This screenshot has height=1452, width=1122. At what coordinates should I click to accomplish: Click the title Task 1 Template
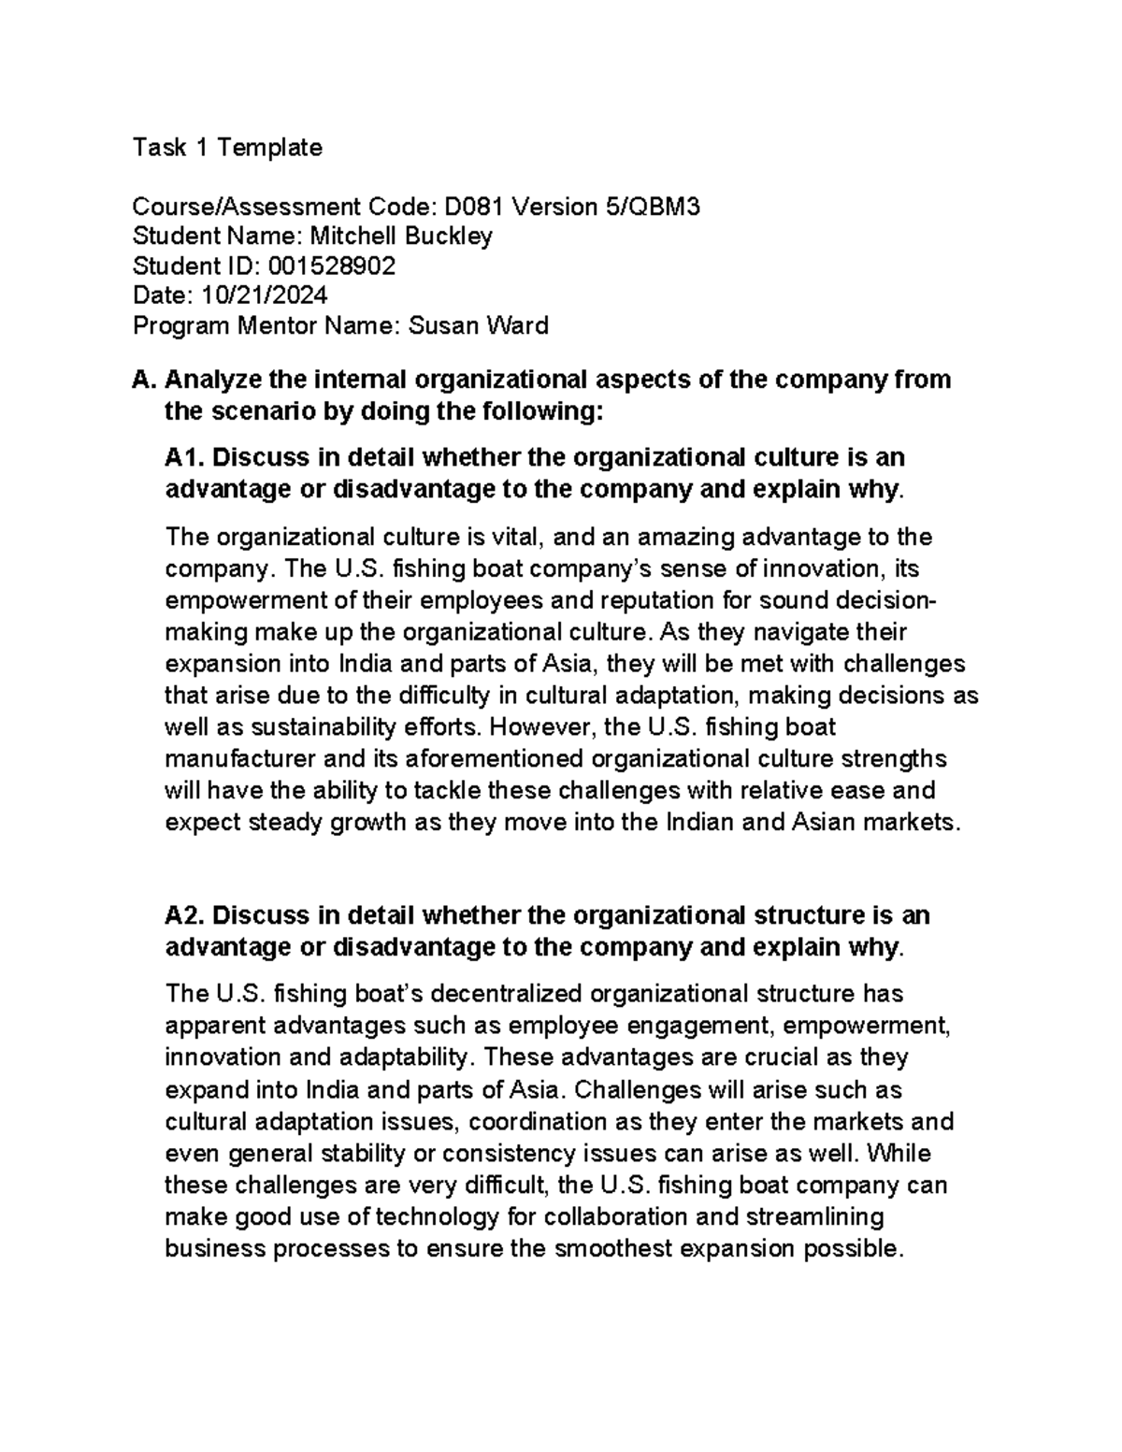(x=227, y=148)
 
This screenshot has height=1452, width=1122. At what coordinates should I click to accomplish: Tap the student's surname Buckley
(x=448, y=237)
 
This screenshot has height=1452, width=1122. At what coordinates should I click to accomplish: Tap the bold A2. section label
(x=185, y=915)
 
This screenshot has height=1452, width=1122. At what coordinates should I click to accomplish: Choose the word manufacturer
(x=236, y=758)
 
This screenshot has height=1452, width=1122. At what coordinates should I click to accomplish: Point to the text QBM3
(x=665, y=207)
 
